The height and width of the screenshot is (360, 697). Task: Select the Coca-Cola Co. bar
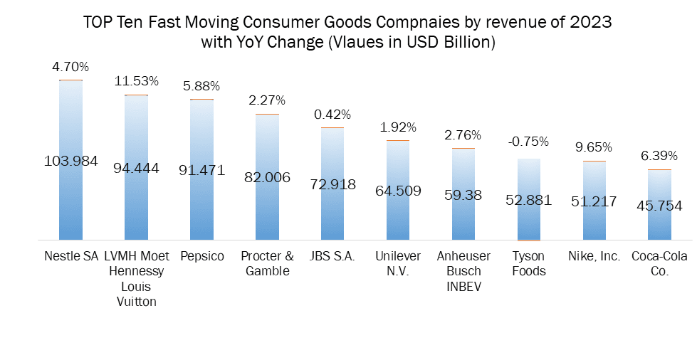coord(659,213)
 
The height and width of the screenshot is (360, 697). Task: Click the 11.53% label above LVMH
coord(136,81)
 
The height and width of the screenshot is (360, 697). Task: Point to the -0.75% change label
coord(528,141)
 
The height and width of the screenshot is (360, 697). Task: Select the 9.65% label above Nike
coord(594,147)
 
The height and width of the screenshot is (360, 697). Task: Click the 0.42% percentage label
coord(332,114)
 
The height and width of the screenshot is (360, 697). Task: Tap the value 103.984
coord(70,161)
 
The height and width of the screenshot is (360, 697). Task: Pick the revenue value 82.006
coord(267,177)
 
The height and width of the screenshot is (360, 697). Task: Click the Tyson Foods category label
coord(528,263)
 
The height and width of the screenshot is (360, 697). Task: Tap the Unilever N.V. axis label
coord(398,263)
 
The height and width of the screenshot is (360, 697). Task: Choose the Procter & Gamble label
coord(267,263)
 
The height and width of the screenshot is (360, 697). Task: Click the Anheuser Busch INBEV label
coord(463,270)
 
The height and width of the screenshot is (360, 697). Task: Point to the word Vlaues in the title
coord(353,42)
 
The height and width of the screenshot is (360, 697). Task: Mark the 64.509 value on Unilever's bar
coord(398,190)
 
